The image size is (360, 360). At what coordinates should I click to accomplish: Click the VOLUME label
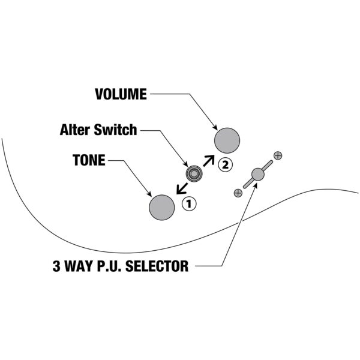click(x=120, y=94)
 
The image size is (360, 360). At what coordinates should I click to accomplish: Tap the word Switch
click(x=119, y=130)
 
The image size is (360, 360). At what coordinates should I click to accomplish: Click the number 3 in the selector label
click(x=57, y=265)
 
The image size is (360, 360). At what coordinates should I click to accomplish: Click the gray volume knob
click(x=227, y=140)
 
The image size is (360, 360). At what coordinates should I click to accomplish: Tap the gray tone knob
click(x=161, y=207)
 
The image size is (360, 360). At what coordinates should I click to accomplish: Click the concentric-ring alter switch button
click(x=194, y=174)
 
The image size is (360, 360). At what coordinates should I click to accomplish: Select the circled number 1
click(x=189, y=203)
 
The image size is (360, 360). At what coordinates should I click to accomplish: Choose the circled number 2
click(x=224, y=163)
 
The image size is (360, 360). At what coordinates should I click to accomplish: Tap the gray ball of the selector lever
click(x=258, y=174)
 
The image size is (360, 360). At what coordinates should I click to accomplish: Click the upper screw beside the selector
click(x=277, y=155)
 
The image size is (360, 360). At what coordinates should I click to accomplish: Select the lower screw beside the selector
click(x=238, y=193)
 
